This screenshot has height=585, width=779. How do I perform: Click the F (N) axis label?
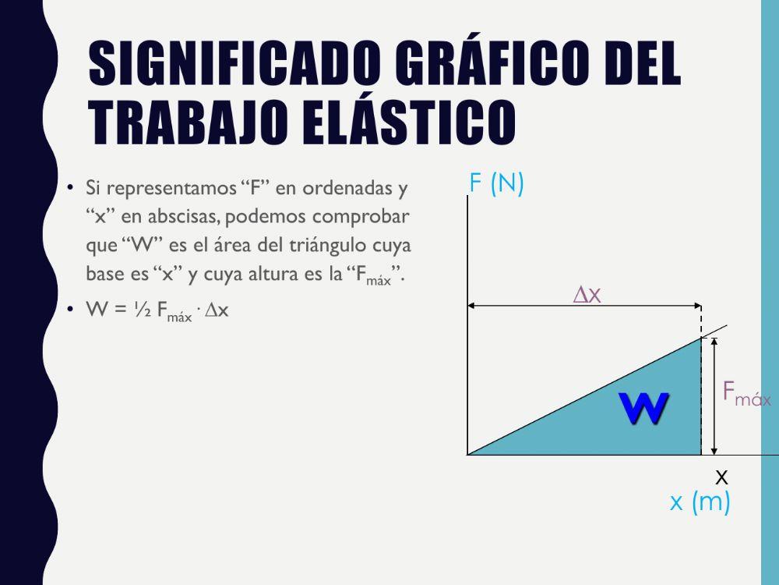tap(496, 183)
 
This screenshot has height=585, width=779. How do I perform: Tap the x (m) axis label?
tap(700, 502)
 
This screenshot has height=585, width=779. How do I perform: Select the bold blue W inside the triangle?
tap(643, 408)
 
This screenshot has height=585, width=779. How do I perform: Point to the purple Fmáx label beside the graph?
tap(746, 393)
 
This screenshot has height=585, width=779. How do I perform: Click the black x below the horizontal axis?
tap(721, 477)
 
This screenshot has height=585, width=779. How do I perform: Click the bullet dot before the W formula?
tap(70, 310)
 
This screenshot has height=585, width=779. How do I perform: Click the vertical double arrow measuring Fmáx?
tap(714, 395)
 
